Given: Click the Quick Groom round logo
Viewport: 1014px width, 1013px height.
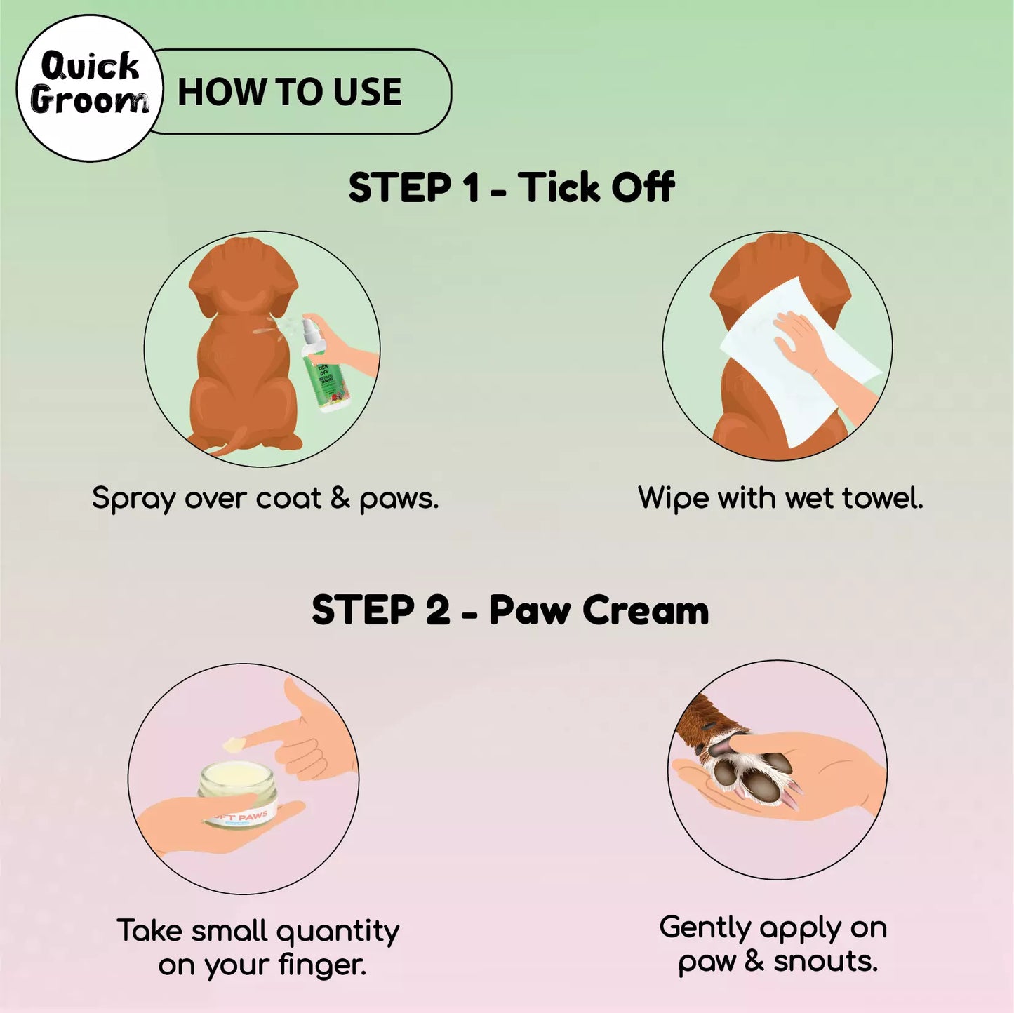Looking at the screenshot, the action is click(89, 88).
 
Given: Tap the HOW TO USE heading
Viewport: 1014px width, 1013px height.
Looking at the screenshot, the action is click(289, 92).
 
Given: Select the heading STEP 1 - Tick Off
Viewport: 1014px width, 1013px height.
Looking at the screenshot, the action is click(511, 187).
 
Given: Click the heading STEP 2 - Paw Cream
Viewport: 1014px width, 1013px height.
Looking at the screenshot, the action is click(510, 610).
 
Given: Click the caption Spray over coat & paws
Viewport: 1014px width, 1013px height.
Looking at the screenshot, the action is click(265, 498).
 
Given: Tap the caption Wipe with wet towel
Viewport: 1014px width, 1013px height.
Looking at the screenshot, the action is click(780, 497).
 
